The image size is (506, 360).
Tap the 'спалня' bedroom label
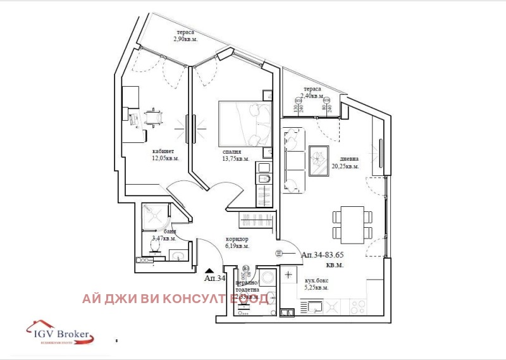pyautogui.click(x=232, y=152)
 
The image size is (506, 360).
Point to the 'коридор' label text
pyautogui.click(x=237, y=239)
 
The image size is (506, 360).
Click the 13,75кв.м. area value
pyautogui.click(x=236, y=159)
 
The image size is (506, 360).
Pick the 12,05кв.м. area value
pyautogui.click(x=165, y=158)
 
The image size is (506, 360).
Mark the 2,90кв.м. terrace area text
pyautogui.click(x=186, y=39)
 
